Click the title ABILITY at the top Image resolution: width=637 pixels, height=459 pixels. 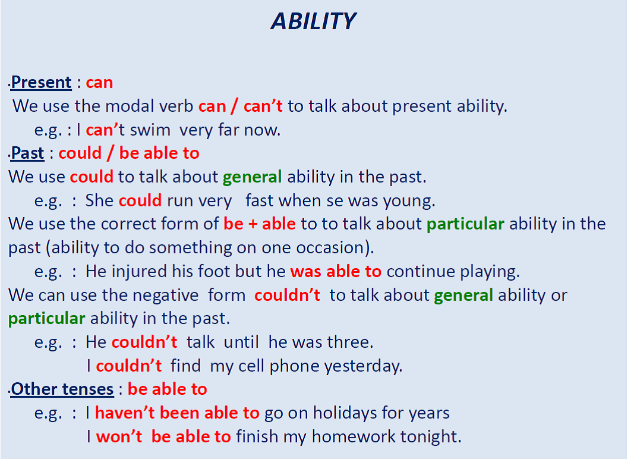pos(313,21)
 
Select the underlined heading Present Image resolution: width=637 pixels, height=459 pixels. pos(41,82)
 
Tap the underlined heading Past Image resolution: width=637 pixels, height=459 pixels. pos(27,153)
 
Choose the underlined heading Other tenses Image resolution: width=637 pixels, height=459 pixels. pos(62,389)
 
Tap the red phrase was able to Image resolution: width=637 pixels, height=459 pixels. pos(336,272)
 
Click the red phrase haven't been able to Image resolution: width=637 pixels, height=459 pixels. pos(177,413)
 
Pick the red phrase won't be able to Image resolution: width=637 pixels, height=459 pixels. pos(163,436)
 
